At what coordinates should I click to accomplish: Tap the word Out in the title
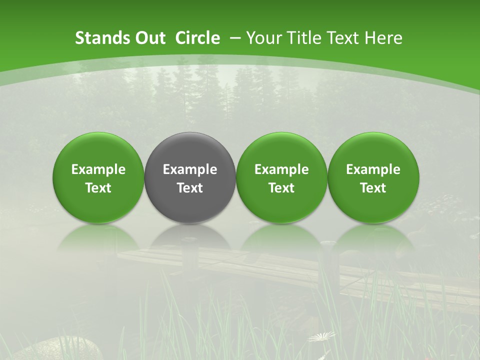click(x=149, y=38)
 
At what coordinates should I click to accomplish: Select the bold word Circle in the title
click(x=197, y=38)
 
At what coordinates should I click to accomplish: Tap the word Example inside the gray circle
click(x=190, y=169)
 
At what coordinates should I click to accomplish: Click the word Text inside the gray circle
click(x=190, y=188)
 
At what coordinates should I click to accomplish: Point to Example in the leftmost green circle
click(x=98, y=169)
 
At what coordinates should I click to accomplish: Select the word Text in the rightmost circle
click(x=373, y=188)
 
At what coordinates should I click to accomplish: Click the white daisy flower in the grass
click(x=321, y=336)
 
